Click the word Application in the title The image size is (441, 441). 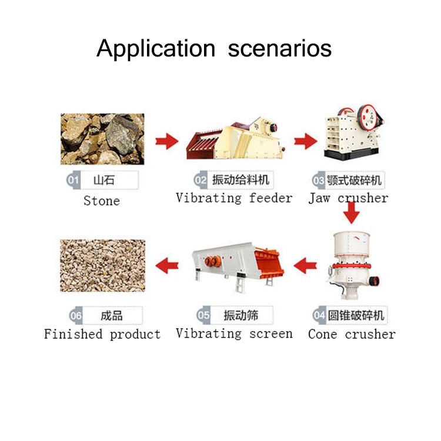[x=156, y=48]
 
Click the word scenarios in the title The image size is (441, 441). [x=280, y=48]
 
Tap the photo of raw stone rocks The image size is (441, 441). [x=102, y=139]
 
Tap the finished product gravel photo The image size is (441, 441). [x=102, y=266]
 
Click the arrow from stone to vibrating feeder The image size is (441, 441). [x=166, y=141]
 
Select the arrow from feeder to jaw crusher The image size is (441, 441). [x=305, y=141]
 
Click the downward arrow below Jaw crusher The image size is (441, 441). [x=351, y=212]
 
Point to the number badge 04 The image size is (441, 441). [x=319, y=316]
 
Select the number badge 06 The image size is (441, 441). [x=76, y=316]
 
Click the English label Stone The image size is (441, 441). [x=101, y=201]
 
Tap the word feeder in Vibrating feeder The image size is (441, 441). [x=270, y=198]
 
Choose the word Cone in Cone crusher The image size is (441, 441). [x=322, y=335]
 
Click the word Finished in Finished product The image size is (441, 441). [x=73, y=335]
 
